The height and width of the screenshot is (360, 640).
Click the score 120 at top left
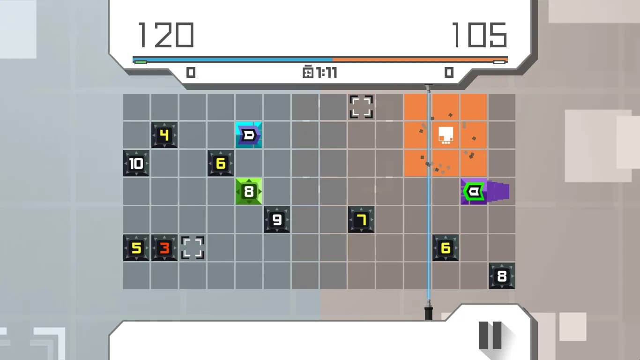pos(166,35)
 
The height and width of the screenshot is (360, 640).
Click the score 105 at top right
pos(480,35)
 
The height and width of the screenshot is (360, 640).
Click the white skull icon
pos(446,135)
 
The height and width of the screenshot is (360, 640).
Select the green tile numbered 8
pos(249,191)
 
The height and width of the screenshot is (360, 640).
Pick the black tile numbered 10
pos(136,163)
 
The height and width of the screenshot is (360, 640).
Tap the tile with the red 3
pos(164,248)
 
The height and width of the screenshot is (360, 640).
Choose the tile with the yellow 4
pos(164,135)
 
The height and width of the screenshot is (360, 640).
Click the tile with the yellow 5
pos(136,248)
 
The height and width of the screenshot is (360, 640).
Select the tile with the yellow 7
pos(361,219)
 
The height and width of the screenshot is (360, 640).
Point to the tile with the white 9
pos(276,219)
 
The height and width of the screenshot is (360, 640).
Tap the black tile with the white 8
pos(502,276)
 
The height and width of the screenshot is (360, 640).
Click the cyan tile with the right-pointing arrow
pos(249,135)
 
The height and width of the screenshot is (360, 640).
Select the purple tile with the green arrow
pos(474,191)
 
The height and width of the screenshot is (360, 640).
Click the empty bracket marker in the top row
pos(361,107)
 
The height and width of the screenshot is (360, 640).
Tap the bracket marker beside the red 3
pos(193,248)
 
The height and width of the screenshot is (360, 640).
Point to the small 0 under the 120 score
pos(191,73)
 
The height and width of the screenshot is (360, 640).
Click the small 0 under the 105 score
pos(449,73)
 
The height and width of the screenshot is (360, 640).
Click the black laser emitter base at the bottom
pos(429,314)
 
